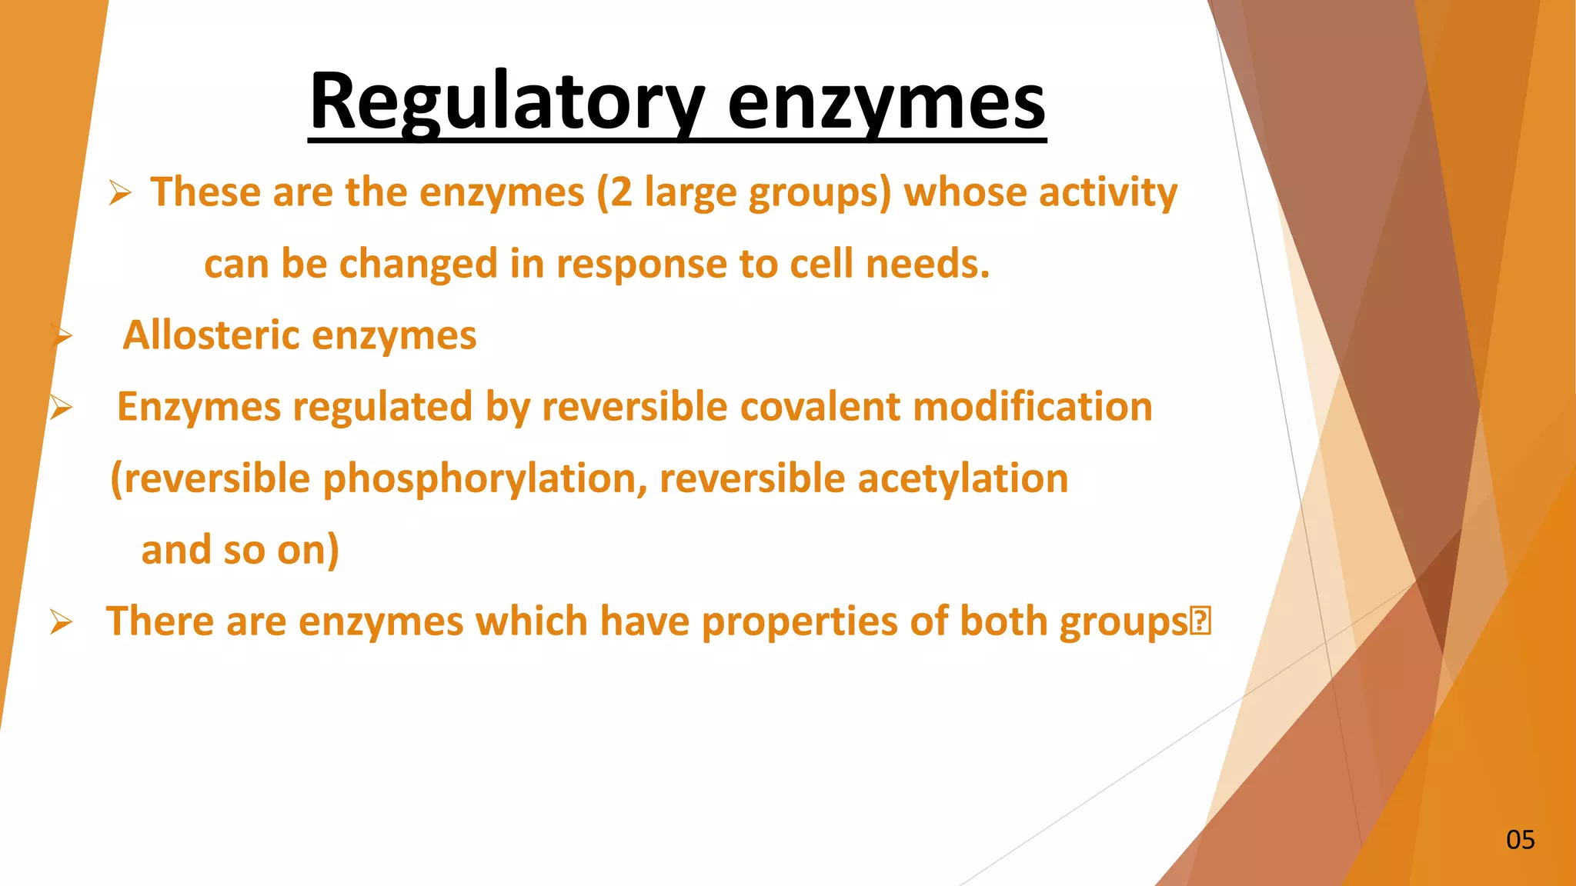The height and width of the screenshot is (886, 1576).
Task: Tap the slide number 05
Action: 1520,840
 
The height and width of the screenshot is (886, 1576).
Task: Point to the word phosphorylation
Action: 484,479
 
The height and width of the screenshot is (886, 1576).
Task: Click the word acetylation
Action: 963,478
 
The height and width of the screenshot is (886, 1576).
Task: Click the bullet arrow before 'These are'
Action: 120,192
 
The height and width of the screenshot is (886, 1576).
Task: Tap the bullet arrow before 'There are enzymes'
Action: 61,621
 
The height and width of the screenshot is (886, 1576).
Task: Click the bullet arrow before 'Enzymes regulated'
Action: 61,408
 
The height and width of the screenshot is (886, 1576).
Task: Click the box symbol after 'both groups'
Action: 1200,621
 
